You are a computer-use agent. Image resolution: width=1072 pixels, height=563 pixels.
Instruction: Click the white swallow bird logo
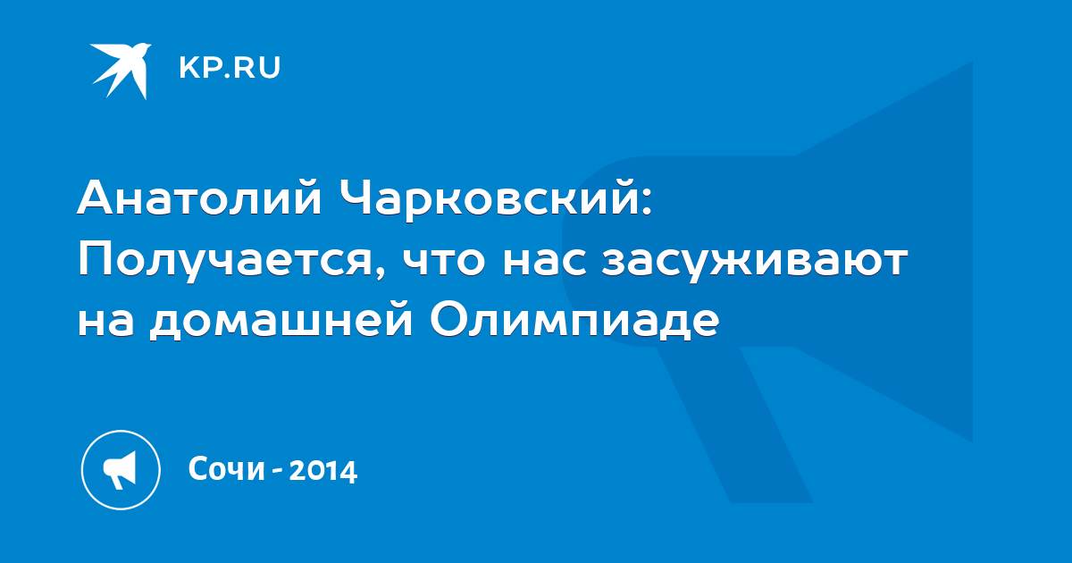pyautogui.click(x=121, y=71)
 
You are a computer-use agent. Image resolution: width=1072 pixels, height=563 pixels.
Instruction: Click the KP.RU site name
pyautogui.click(x=230, y=68)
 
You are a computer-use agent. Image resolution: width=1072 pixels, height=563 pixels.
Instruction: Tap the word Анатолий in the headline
pyautogui.click(x=199, y=197)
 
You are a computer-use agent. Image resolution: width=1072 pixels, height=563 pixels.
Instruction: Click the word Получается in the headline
pyautogui.click(x=225, y=261)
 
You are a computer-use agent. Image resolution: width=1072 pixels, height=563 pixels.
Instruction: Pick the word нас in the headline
pyautogui.click(x=545, y=265)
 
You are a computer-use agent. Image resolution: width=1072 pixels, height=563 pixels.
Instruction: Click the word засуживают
pyautogui.click(x=754, y=265)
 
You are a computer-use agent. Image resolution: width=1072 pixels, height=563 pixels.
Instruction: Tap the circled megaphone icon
pyautogui.click(x=121, y=470)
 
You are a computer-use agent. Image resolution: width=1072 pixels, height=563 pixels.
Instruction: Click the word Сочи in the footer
pyautogui.click(x=226, y=469)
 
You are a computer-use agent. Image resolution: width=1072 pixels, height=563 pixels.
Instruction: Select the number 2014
pyautogui.click(x=323, y=470)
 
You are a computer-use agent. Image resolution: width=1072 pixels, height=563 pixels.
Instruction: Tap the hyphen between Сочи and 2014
pyautogui.click(x=277, y=471)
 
